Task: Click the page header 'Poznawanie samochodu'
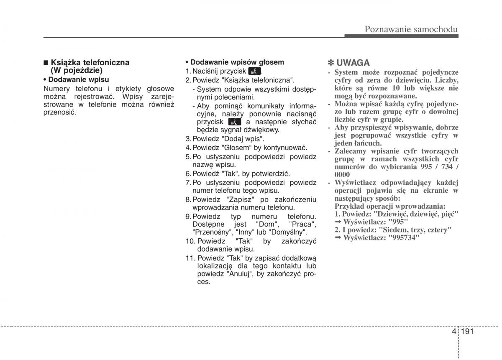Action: coord(411,29)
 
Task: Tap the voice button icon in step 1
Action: coord(254,71)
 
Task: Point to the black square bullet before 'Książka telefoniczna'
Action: coord(46,63)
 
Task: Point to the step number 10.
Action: coord(190,241)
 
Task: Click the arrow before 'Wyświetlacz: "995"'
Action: coord(338,222)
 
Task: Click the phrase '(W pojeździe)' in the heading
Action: coord(77,71)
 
